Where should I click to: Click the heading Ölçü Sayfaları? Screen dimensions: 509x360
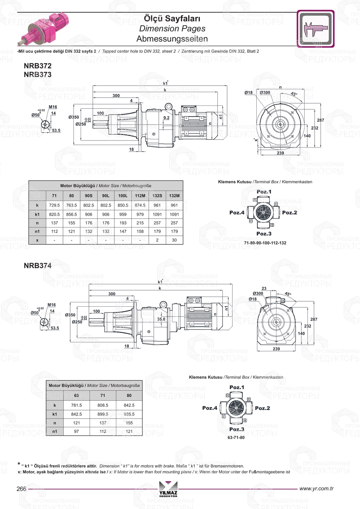[x=172, y=18]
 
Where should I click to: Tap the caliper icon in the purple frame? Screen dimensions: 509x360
[x=316, y=29]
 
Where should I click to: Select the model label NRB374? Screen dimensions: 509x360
[x=37, y=266]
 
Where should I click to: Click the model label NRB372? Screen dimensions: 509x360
[x=37, y=66]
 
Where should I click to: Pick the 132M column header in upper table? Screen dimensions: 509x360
[x=174, y=196]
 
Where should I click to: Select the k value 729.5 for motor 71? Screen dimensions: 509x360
[x=54, y=205]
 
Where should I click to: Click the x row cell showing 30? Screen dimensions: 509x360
[x=174, y=240]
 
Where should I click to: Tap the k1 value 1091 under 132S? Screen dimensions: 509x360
[x=157, y=214]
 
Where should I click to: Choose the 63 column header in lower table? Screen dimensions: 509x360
[x=76, y=395]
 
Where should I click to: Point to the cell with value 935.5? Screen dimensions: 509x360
[x=129, y=414]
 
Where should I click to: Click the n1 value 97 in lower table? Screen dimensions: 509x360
[x=76, y=431]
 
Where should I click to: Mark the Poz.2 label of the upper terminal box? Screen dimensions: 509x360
[x=289, y=213]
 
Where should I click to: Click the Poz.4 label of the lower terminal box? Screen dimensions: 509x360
[x=210, y=408]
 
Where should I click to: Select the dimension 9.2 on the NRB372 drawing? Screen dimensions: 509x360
[x=166, y=118]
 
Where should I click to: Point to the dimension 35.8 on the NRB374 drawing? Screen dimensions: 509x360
[x=161, y=319]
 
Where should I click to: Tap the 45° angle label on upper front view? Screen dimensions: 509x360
[x=294, y=94]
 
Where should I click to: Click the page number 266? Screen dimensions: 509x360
[x=22, y=489]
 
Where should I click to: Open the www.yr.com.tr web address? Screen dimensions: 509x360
[x=316, y=488]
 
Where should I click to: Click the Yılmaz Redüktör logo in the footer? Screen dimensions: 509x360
[x=168, y=489]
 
